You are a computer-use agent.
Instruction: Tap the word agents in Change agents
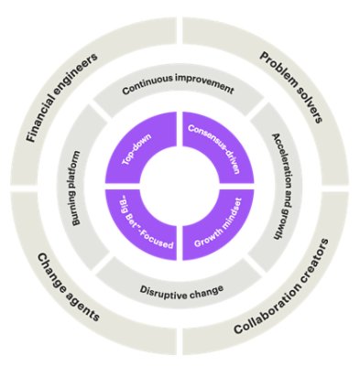85,296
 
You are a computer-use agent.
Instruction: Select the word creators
308,268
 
